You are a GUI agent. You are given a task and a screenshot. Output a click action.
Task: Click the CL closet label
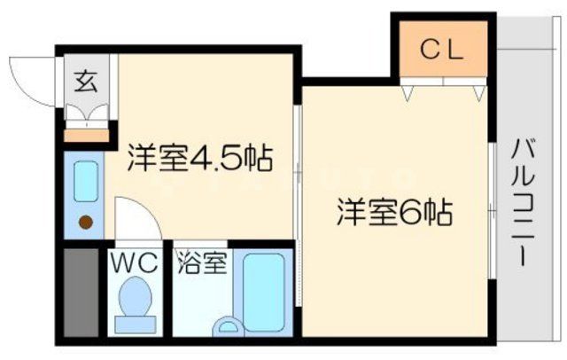pos(440,50)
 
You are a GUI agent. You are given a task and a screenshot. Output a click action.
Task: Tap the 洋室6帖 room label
pos(394,213)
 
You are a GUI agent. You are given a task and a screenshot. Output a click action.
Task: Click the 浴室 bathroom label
pos(203,262)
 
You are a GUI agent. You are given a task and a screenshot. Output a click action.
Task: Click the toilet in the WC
pos(136,301)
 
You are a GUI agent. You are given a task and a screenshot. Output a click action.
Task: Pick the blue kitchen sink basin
pos(86,182)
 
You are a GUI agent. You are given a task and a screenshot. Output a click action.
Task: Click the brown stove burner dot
pos(86,222)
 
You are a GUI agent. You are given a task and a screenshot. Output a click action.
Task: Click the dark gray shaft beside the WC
pos(80,292)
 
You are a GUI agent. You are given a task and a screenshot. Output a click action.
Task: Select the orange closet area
pos(440,51)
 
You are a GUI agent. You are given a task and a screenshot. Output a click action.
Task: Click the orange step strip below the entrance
pos(88,136)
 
